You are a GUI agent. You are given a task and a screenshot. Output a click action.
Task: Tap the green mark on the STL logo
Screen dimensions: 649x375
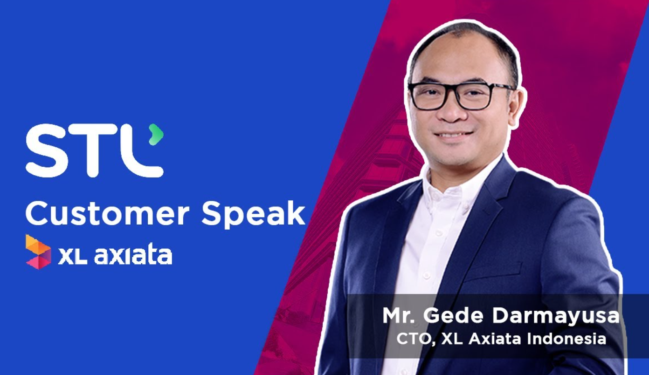point(157,134)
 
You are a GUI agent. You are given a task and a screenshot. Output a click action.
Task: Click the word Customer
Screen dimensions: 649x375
point(107,214)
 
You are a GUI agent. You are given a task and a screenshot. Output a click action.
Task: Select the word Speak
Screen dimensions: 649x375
point(253,215)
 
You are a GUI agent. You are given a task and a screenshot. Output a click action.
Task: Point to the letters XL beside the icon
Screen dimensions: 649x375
point(72,256)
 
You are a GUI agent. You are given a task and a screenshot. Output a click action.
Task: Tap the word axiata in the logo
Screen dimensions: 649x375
point(133,255)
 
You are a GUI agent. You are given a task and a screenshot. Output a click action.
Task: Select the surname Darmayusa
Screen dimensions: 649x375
point(556,316)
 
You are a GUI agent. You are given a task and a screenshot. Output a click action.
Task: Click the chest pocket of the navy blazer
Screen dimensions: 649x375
point(492,271)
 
